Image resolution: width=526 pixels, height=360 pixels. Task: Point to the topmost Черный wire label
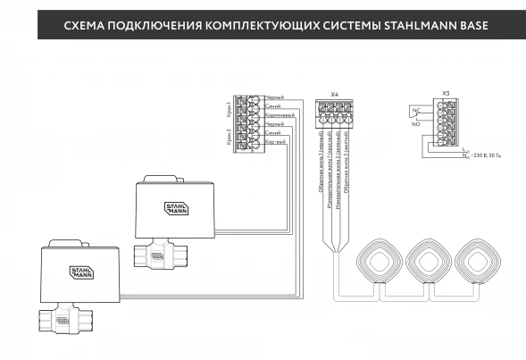coord(276,96)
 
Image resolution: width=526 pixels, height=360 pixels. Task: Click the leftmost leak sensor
coord(379,263)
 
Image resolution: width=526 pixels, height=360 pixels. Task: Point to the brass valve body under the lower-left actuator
coord(61,317)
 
